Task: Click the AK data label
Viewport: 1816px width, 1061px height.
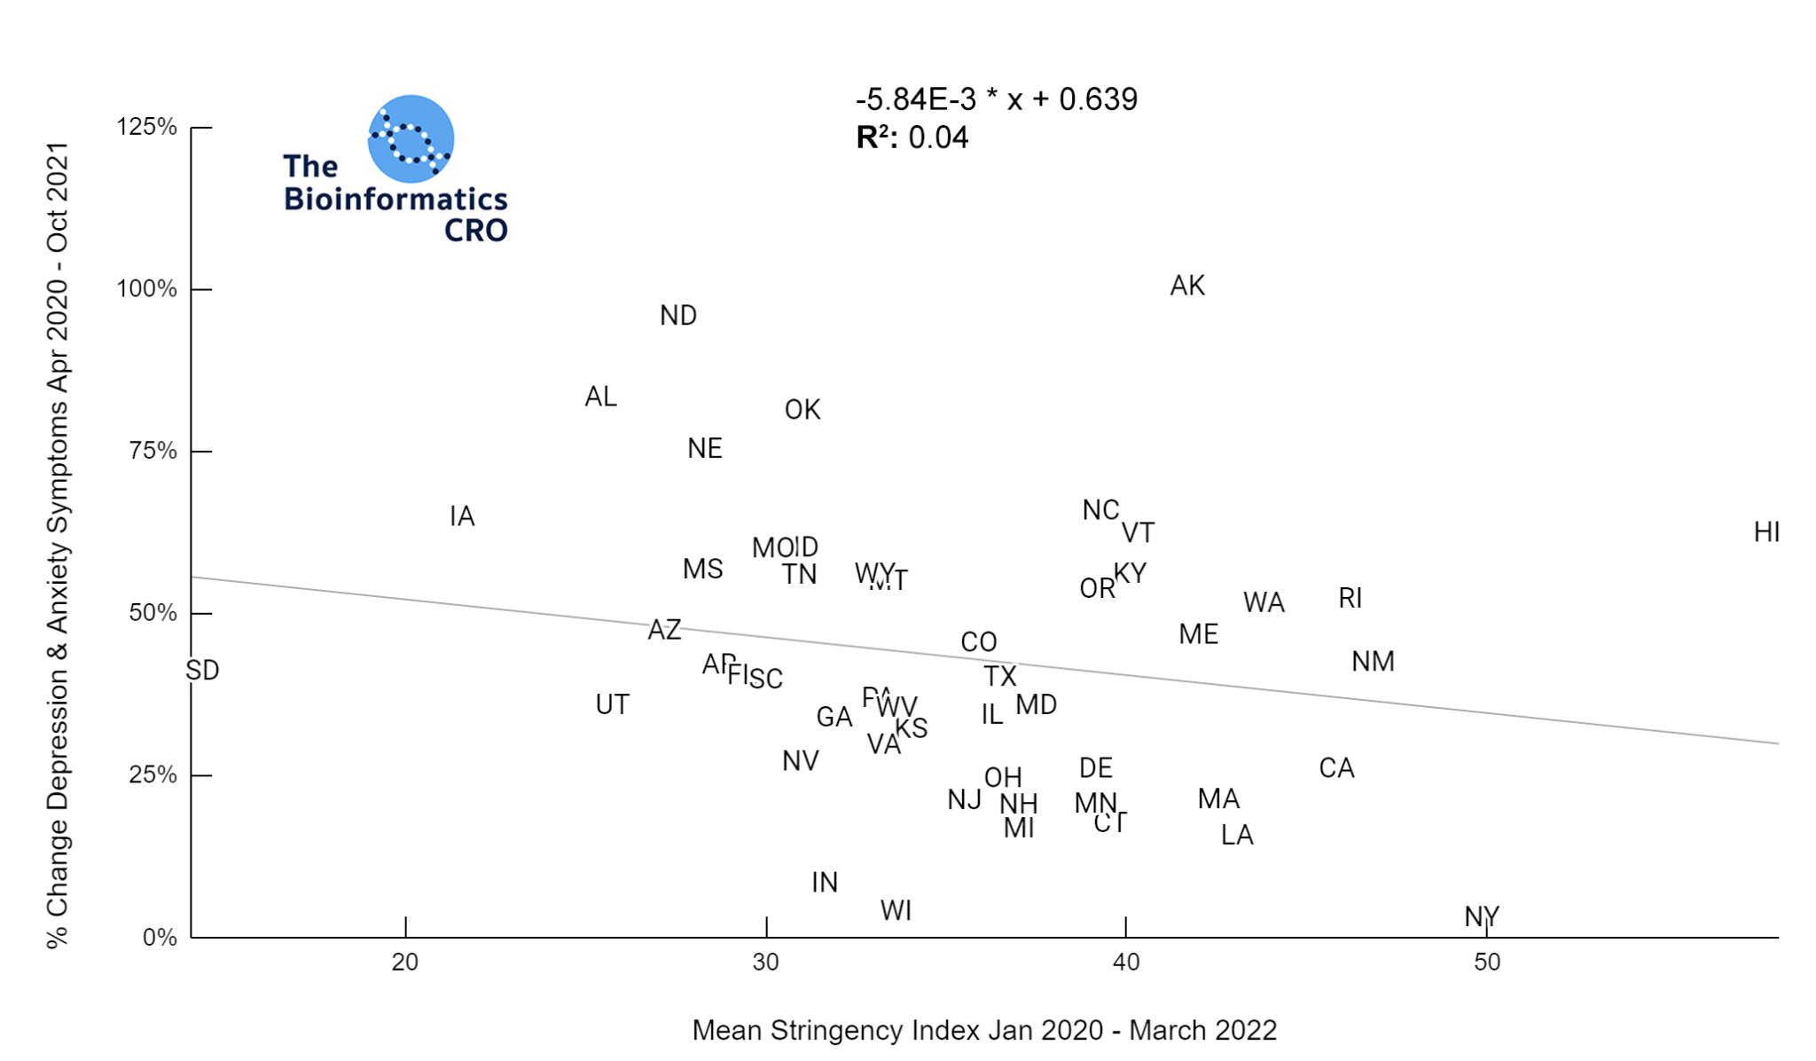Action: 1187,286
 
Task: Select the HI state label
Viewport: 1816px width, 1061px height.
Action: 1766,532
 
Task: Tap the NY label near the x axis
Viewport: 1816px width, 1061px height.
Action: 1482,916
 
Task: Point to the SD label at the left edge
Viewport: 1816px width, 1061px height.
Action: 202,671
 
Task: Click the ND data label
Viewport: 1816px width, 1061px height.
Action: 678,316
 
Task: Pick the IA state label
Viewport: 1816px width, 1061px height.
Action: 462,516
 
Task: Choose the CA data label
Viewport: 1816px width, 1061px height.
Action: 1336,768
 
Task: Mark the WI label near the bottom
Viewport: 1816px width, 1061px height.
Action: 896,910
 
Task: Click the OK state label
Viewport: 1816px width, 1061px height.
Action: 802,410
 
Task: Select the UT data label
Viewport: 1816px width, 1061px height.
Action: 612,705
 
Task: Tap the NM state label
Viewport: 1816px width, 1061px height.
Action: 1373,662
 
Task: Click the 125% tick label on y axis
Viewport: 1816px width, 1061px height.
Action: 147,127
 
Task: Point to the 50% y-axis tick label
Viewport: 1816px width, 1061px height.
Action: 153,613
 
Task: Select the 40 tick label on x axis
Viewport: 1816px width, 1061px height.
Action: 1125,963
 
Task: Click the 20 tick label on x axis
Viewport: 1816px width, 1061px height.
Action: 405,963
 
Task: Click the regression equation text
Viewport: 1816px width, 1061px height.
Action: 997,99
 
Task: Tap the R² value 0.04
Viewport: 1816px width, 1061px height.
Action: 938,138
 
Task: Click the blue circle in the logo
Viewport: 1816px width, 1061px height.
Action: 411,138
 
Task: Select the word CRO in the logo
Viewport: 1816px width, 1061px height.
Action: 476,231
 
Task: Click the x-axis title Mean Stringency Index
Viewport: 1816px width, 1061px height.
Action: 984,1031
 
